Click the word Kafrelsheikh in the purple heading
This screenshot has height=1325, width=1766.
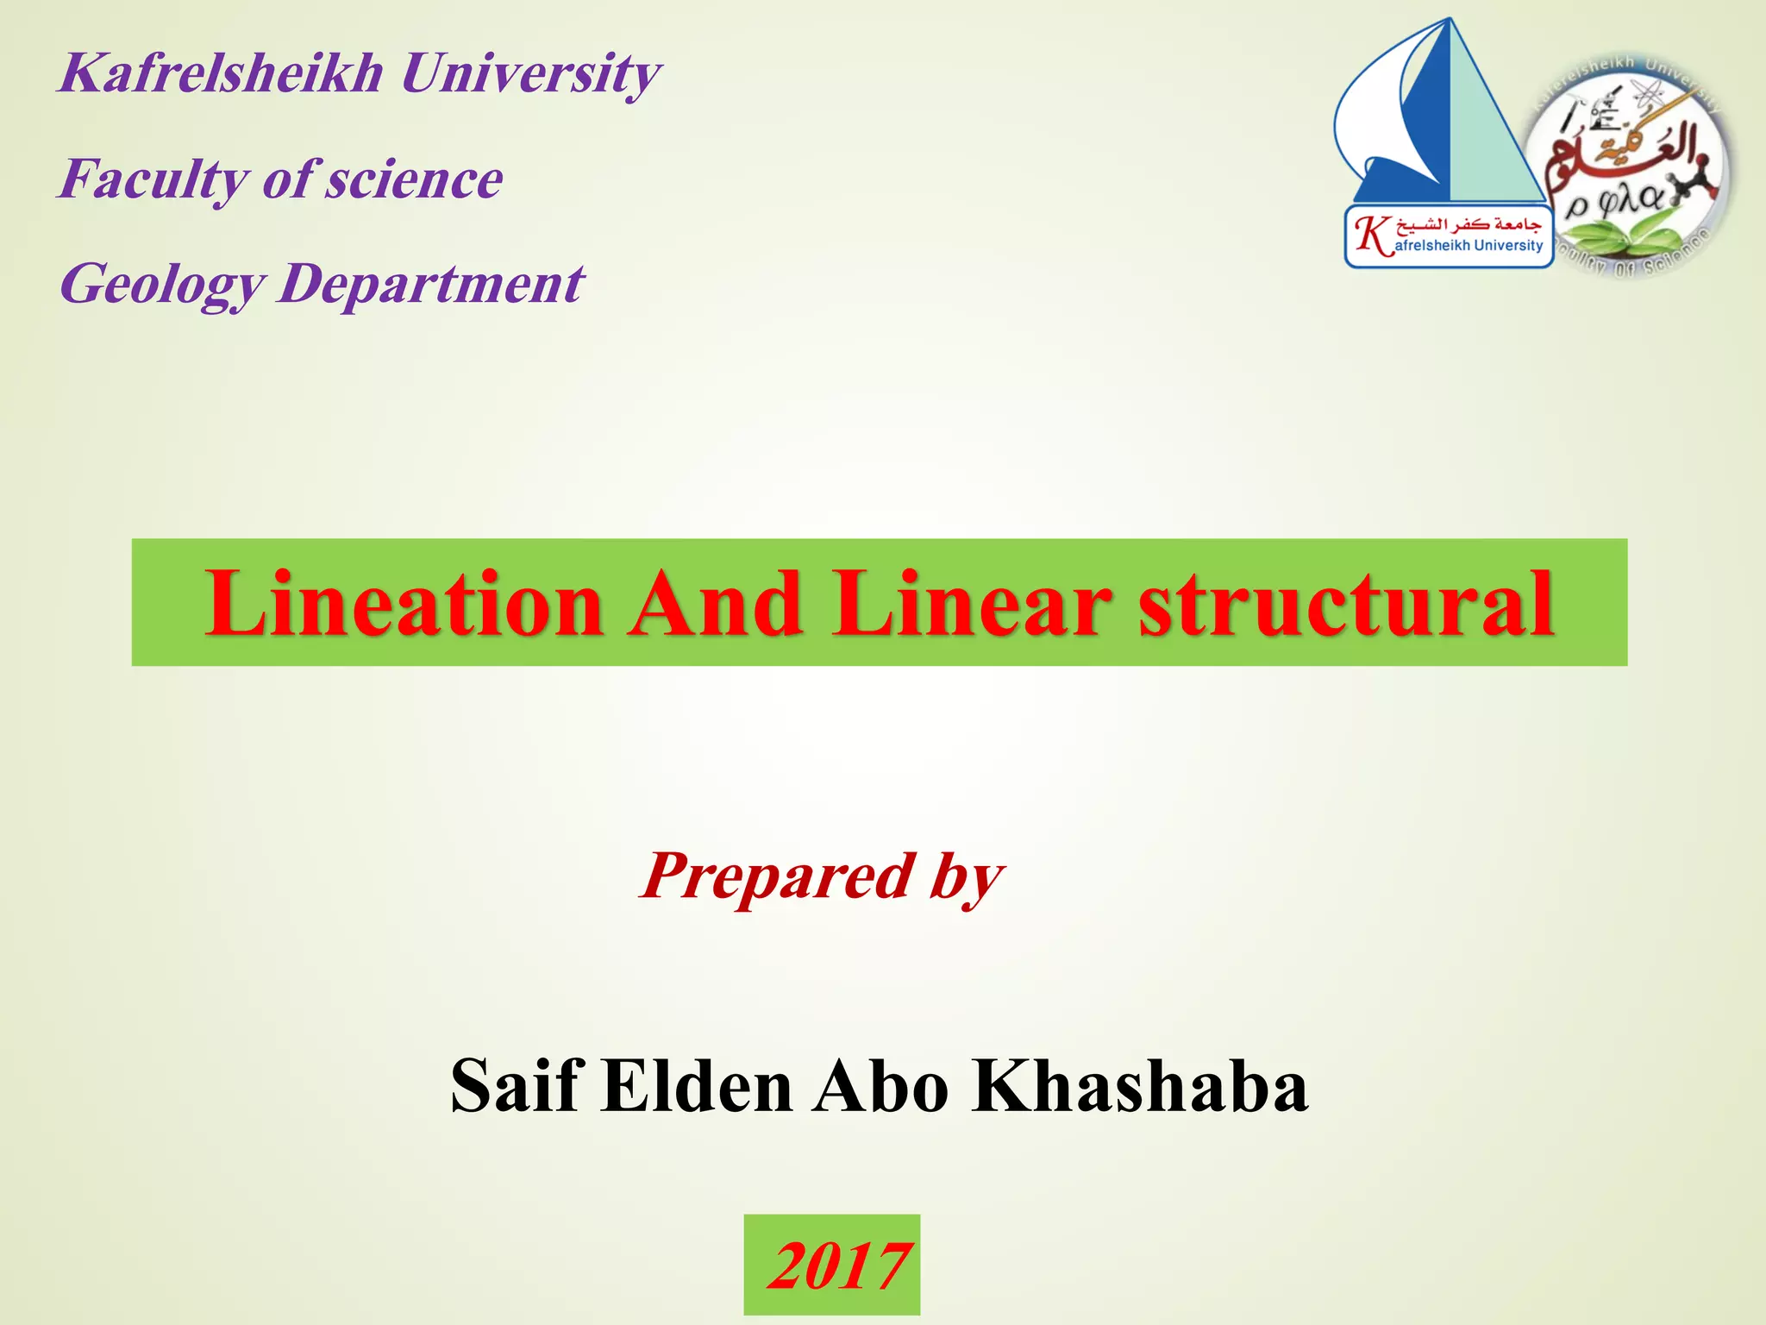point(220,72)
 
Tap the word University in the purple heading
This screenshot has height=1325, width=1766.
point(530,72)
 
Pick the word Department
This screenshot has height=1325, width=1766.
point(431,285)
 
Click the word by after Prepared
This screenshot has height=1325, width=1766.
point(966,876)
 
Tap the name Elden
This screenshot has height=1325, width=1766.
point(697,1085)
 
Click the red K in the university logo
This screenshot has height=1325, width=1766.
point(1372,235)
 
